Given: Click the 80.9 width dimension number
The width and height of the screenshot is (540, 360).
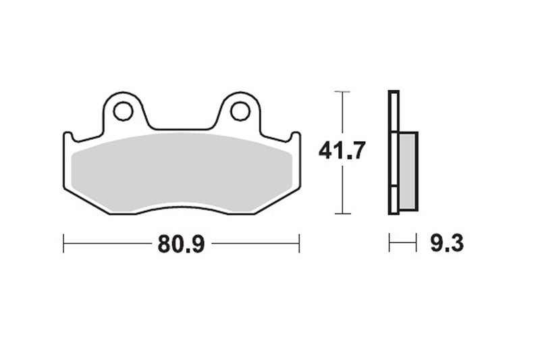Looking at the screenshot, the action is click(x=181, y=244).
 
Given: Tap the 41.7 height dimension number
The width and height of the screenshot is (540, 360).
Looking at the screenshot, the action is click(x=342, y=151).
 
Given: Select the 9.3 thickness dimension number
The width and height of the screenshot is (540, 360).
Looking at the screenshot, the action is click(x=447, y=243).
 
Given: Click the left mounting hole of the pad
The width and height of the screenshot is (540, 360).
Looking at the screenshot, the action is click(x=123, y=111).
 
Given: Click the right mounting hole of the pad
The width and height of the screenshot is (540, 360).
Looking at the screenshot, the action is click(x=240, y=111).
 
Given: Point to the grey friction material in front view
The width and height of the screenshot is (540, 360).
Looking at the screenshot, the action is click(x=182, y=173).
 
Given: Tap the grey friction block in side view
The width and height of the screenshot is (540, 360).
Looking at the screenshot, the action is click(x=408, y=171).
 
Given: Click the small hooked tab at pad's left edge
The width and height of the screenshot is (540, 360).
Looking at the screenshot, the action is click(x=68, y=136).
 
